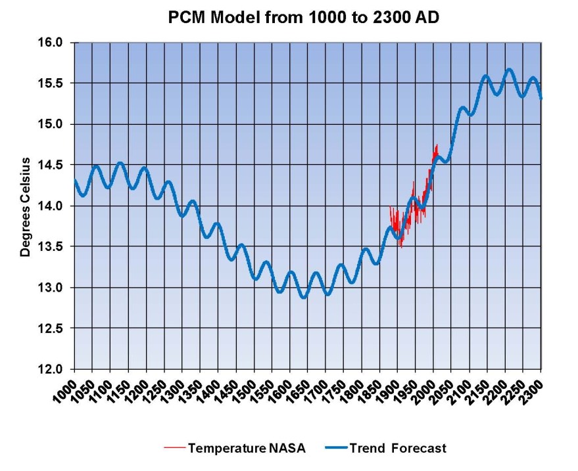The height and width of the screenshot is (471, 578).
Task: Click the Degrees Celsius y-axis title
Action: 26,206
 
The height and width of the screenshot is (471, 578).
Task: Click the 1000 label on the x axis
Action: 66,386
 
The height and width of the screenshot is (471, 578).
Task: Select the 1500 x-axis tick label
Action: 245,386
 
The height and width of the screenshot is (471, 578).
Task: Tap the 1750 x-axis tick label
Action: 335,386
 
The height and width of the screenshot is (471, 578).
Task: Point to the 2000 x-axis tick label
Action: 425,386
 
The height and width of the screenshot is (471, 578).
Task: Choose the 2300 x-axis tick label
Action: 532,386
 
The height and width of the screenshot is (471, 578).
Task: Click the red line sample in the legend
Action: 174,449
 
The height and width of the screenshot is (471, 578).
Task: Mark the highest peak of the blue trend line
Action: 508,69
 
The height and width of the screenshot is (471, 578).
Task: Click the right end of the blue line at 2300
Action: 541,98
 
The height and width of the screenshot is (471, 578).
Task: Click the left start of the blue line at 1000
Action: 74,179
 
